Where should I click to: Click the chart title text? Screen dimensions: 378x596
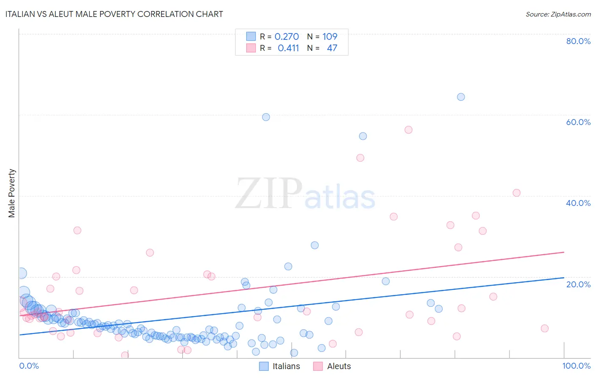point(113,14)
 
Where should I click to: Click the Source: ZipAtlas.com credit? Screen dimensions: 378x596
point(558,14)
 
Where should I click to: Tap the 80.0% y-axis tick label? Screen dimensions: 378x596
point(578,41)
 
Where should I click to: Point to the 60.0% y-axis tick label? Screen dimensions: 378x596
point(578,122)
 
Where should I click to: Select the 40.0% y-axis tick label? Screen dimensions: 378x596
point(578,203)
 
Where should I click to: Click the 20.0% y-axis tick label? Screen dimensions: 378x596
point(578,284)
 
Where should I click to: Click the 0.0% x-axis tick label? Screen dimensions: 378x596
point(29,366)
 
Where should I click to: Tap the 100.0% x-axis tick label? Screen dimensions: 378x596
point(576,366)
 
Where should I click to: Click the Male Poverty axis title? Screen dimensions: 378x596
point(12,193)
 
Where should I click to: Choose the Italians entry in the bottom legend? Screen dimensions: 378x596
point(286,366)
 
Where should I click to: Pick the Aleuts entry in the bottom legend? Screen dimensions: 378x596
point(339,366)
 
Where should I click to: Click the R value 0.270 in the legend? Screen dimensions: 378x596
point(287,37)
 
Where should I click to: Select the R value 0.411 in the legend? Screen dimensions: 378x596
point(288,48)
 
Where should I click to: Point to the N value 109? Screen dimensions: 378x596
point(330,37)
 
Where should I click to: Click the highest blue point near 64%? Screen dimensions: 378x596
point(461,97)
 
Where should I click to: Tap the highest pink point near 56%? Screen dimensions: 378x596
point(408,130)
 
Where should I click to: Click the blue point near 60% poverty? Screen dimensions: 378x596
point(266,117)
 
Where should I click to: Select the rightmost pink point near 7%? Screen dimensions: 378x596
point(545,328)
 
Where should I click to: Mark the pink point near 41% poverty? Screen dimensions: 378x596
point(516,193)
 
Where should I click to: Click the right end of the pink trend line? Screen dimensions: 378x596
point(564,252)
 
